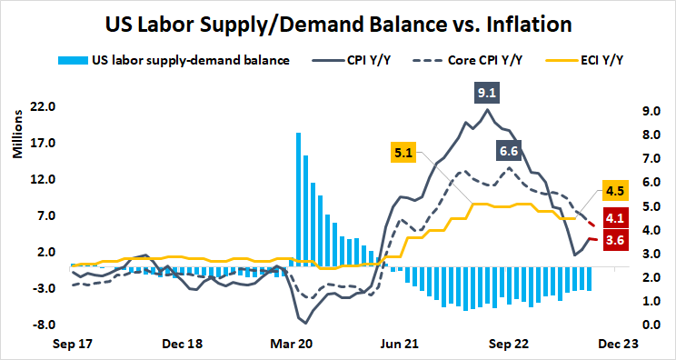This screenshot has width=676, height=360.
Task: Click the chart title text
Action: point(338,22)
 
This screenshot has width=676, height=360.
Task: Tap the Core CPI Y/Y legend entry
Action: point(467,61)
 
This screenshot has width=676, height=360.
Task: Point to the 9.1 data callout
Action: point(487,92)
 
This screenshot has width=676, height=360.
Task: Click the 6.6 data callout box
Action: point(510,151)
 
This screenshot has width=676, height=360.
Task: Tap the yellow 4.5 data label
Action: point(614,191)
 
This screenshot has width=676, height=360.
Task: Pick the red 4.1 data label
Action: point(614,217)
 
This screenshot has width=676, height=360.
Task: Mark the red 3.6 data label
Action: point(614,240)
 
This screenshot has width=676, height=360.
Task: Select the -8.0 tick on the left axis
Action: point(45,325)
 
